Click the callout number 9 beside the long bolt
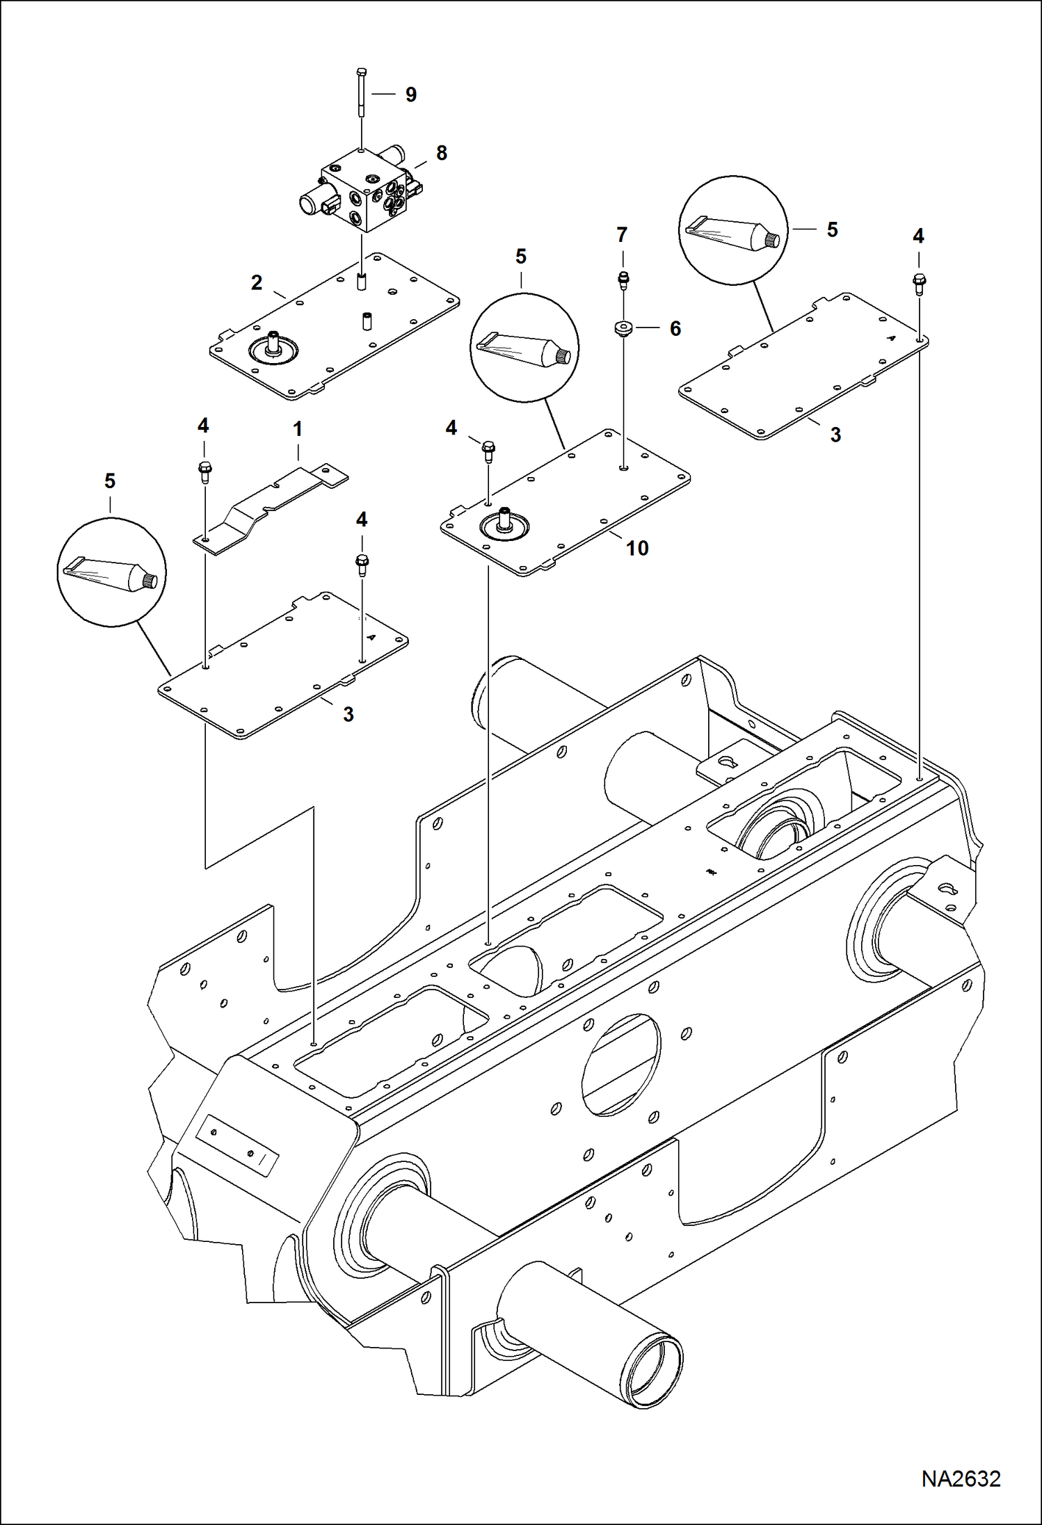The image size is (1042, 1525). pyautogui.click(x=411, y=95)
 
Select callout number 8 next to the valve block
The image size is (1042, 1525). pyautogui.click(x=441, y=153)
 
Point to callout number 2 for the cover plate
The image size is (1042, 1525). pyautogui.click(x=257, y=283)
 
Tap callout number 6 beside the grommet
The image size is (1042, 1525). pyautogui.click(x=675, y=329)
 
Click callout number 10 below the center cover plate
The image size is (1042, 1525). pyautogui.click(x=636, y=549)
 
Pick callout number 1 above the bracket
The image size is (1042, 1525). pyautogui.click(x=298, y=430)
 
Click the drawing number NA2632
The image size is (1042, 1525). pyautogui.click(x=961, y=1478)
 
